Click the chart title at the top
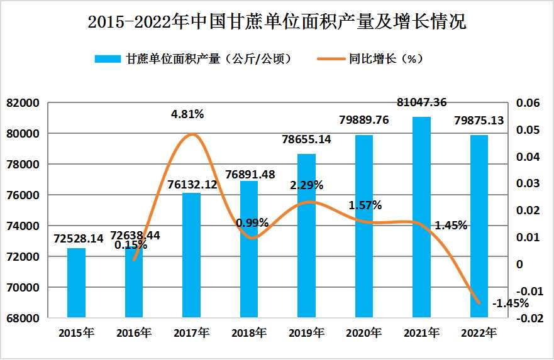[x=277, y=23]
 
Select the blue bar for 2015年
[x=76, y=283]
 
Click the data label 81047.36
[x=423, y=102]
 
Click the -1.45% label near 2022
[x=510, y=303]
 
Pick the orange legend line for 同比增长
[x=332, y=59]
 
